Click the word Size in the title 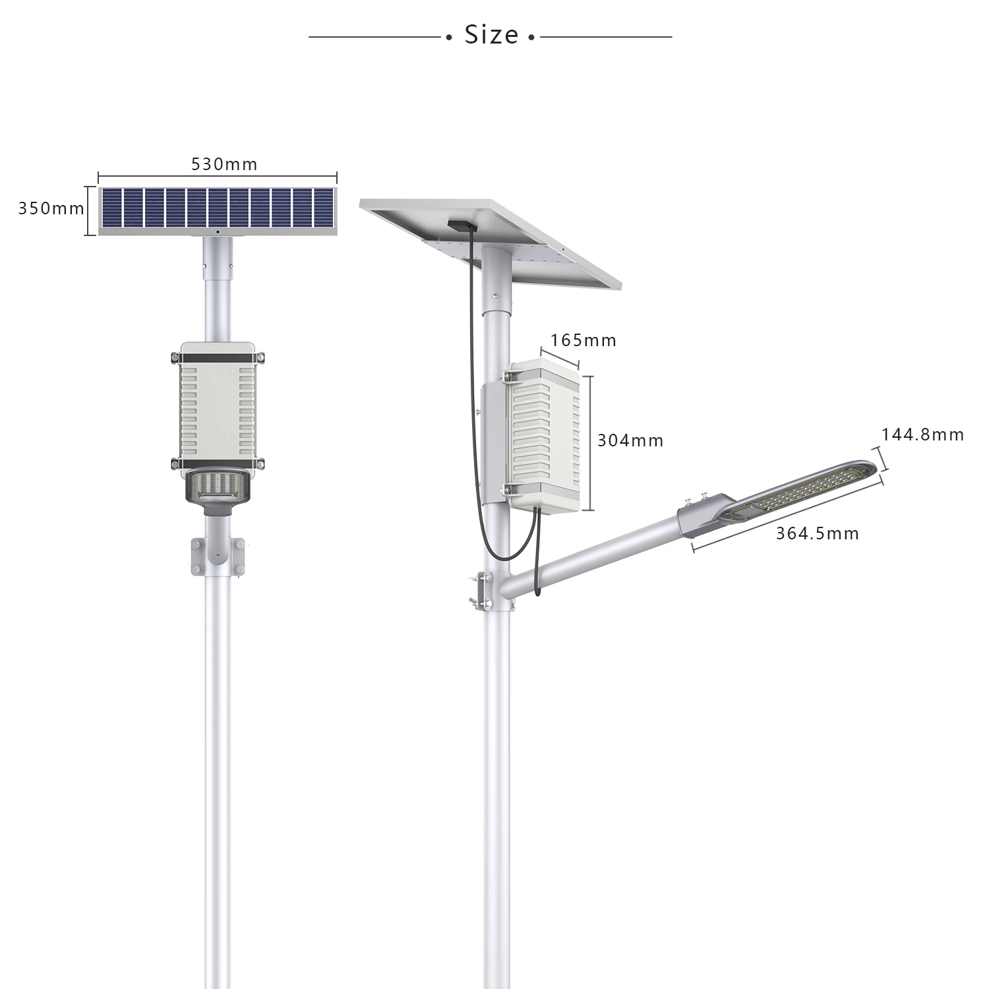pos(491,35)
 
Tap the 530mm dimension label pos(224,164)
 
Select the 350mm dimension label pos(51,208)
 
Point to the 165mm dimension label pos(584,340)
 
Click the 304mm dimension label pos(630,440)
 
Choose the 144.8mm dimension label pos(922,435)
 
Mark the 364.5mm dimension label pos(818,533)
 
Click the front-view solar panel pos(218,210)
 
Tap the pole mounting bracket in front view pos(218,555)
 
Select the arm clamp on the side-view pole pos(484,591)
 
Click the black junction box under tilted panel pos(461,225)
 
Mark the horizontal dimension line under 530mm pos(218,177)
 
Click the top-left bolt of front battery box pos(175,358)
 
